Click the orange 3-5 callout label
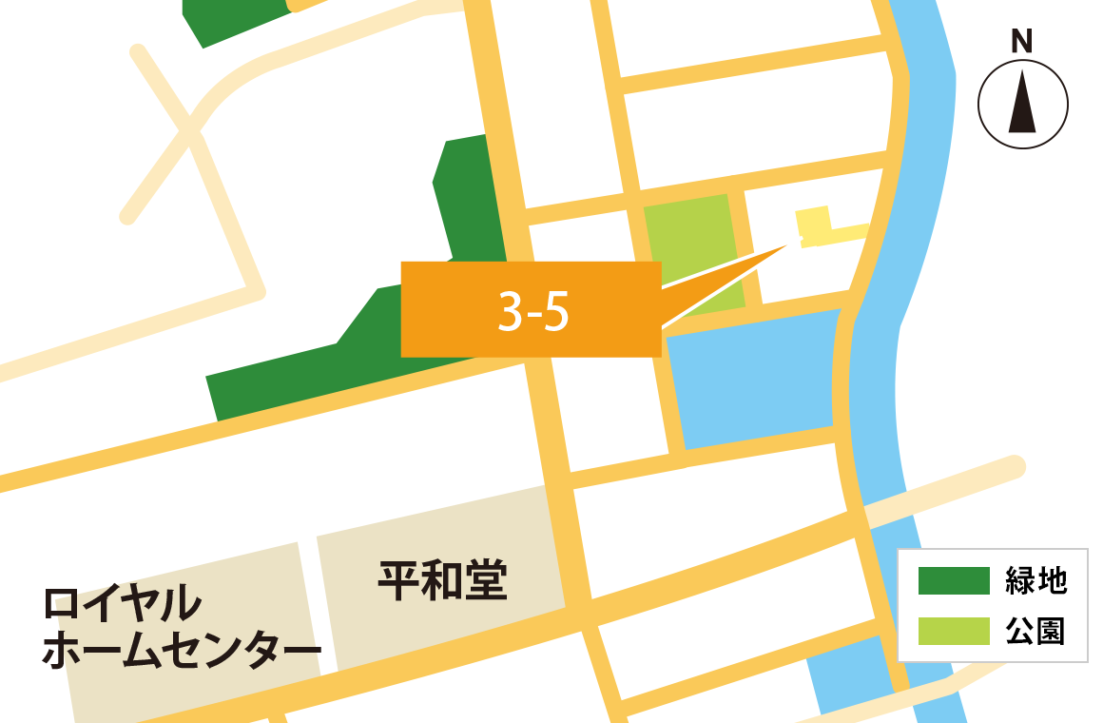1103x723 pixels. coord(531,309)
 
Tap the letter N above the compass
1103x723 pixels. coord(1022,42)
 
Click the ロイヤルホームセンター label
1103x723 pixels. coord(181,629)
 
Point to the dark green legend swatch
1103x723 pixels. coord(954,580)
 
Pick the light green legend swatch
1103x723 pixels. coord(954,631)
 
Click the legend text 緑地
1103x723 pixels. coord(1036,580)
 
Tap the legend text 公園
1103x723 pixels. coord(1036,631)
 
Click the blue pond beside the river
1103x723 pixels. coord(751,381)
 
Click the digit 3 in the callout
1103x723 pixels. coord(511,311)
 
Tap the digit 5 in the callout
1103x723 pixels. coord(557,311)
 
